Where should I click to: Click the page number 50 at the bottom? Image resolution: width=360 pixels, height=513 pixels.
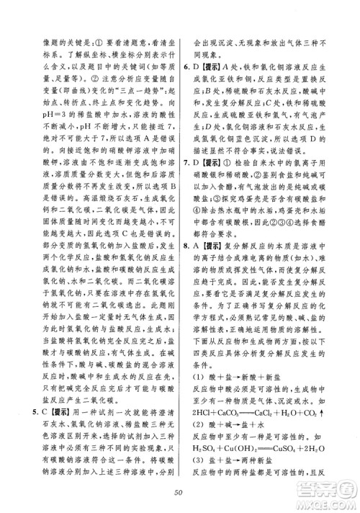[x=179, y=492]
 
